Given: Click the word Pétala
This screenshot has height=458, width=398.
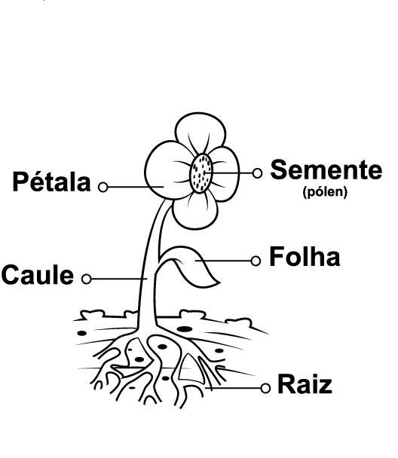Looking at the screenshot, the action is [51, 182].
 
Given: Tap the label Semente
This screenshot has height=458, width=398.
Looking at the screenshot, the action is [326, 169].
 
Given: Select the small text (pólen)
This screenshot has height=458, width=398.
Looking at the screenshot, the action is [325, 192].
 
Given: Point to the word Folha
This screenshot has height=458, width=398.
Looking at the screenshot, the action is [305, 256].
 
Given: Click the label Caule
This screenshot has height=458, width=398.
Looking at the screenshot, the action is [38, 274].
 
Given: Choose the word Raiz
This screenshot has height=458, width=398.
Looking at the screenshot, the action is [305, 384].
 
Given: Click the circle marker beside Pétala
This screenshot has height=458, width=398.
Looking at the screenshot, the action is [103, 187].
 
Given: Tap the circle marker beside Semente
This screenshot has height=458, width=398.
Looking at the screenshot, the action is [257, 173].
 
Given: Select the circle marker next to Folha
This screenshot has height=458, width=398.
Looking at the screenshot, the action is [256, 261].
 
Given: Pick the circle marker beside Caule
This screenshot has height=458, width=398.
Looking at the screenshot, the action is [87, 279].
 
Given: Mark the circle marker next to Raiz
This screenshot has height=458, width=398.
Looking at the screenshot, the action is [265, 389].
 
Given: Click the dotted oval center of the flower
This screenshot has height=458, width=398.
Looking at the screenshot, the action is [201, 173].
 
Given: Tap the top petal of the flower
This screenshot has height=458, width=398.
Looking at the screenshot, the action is [201, 133].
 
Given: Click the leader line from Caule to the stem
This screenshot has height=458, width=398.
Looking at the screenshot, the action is [119, 279].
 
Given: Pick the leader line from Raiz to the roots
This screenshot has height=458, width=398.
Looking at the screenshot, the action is [233, 389].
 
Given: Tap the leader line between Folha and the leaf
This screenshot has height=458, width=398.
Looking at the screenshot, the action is [224, 261].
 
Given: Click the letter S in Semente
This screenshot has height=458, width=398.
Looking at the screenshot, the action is [278, 169].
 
